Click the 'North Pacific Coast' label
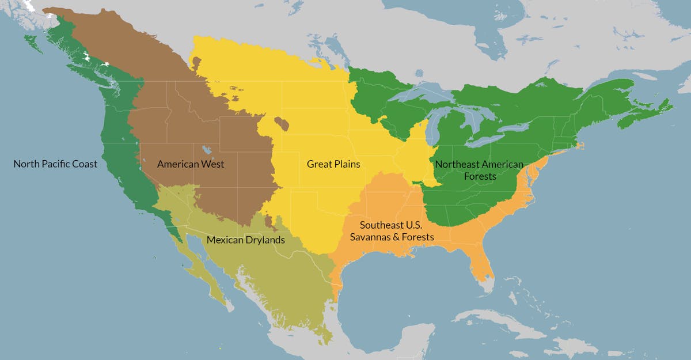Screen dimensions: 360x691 click(55, 164)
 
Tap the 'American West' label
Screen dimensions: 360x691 click(191, 164)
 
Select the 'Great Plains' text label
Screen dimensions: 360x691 click(333, 164)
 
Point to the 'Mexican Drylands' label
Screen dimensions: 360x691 click(245, 240)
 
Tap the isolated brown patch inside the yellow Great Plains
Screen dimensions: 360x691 click(282, 123)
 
